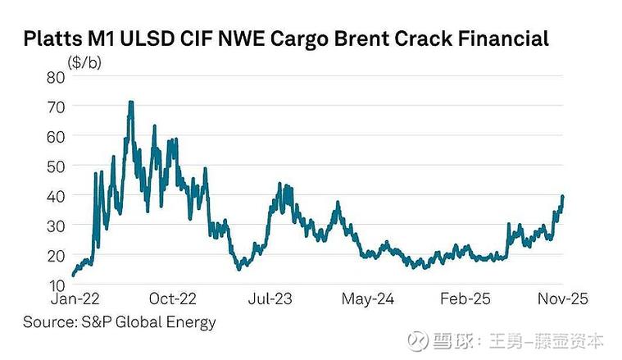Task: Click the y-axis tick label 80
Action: click(x=57, y=76)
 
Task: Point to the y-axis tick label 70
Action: click(x=57, y=107)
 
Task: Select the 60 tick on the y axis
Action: click(x=57, y=136)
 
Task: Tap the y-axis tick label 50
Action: click(x=57, y=166)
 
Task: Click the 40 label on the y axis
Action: click(x=57, y=196)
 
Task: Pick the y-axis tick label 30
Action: click(x=57, y=226)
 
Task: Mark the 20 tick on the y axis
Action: click(x=57, y=255)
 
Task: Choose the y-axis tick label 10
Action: click(x=57, y=285)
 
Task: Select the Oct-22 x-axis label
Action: click(x=175, y=299)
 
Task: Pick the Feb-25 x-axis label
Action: click(x=465, y=299)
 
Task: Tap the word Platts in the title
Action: click(x=50, y=39)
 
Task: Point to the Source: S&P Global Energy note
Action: click(x=120, y=321)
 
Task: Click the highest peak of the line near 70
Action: click(x=130, y=103)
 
